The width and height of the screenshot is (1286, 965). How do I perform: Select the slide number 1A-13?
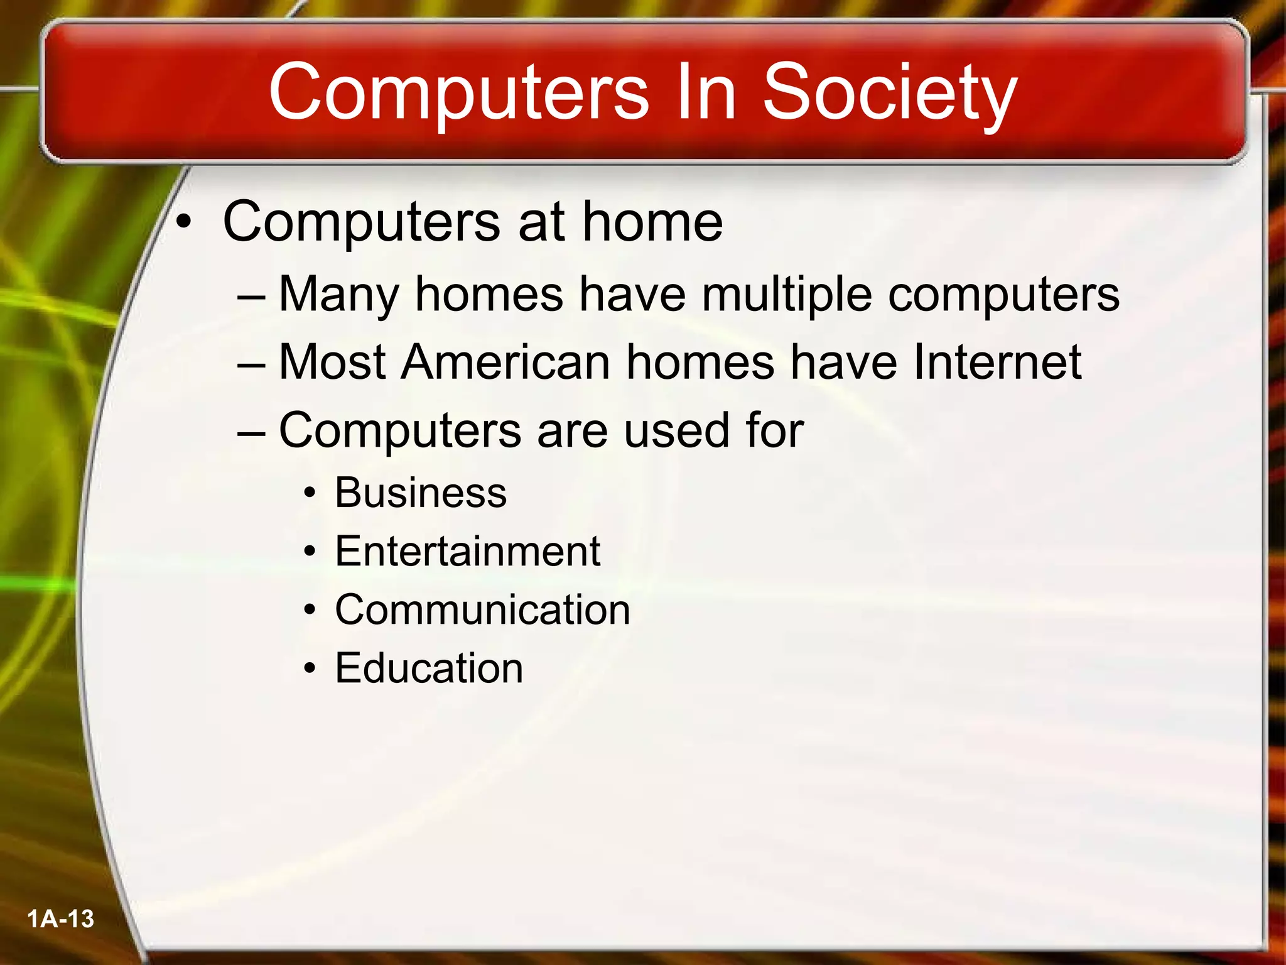pos(60,919)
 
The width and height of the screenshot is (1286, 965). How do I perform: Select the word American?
pos(505,363)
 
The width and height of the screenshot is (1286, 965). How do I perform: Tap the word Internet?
pos(997,363)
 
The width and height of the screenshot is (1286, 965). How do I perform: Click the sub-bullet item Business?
pos(420,493)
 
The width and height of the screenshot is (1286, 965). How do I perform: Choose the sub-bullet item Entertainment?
pos(467,552)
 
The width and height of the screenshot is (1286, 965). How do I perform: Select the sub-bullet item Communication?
pos(482,610)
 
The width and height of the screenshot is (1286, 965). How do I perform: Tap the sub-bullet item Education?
pos(429,668)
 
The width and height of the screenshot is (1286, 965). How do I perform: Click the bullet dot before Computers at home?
pos(183,222)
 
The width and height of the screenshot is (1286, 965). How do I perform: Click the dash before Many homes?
pos(252,295)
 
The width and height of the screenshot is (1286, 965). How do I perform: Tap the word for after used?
pos(774,431)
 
